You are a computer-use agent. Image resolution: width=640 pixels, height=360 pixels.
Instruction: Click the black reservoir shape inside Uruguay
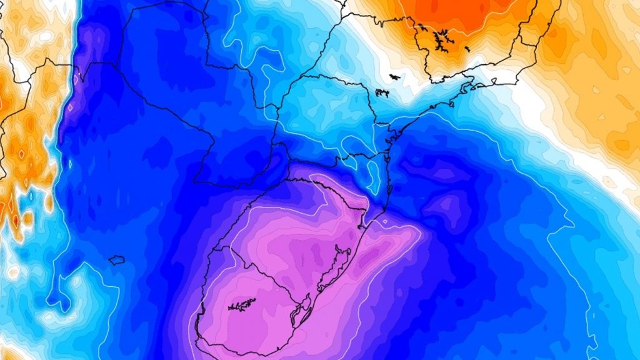[x=242, y=305]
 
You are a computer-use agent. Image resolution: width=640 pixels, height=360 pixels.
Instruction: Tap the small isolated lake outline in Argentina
[x=116, y=260]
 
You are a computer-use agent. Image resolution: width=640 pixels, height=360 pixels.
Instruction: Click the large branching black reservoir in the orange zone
[x=442, y=41]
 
